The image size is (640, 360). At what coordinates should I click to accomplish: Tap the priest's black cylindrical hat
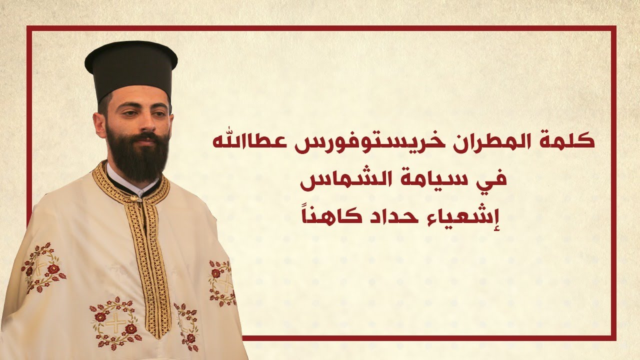[131, 67]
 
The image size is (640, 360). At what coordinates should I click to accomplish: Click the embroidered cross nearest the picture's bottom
[115, 322]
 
